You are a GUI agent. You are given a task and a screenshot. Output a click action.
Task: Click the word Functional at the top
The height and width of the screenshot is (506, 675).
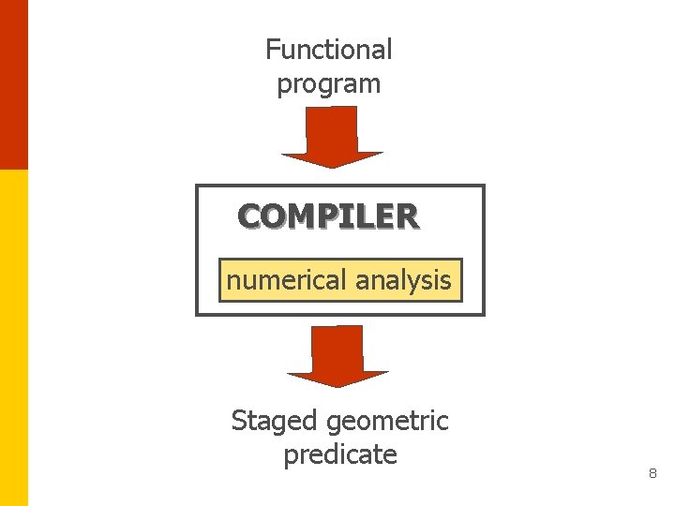coord(328,49)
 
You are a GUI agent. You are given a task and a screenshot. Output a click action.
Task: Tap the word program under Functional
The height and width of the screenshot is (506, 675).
coord(328,84)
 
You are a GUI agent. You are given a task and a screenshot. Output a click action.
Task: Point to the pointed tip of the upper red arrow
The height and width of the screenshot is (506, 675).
coord(332,166)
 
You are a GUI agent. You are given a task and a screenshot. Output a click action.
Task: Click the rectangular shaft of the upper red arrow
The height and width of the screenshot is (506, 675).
coord(332,128)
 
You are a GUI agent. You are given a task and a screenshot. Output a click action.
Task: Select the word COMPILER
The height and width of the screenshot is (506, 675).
coord(328,216)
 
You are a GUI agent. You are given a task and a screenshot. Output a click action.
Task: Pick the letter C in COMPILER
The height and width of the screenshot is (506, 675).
coord(249,216)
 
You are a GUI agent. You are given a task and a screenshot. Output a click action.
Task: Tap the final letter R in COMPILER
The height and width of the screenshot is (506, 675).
coord(407,216)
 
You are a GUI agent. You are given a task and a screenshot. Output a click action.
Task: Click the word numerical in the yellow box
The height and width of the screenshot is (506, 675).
coord(285,280)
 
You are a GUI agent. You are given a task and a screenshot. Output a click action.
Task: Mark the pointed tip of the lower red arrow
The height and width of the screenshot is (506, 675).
coord(337,385)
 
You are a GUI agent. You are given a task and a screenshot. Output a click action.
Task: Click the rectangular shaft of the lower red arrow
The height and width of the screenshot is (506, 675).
coord(337,348)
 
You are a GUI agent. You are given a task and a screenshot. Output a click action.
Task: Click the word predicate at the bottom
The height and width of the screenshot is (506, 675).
coord(339,455)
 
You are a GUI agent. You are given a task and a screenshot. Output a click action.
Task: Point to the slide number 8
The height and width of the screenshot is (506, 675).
coord(652,475)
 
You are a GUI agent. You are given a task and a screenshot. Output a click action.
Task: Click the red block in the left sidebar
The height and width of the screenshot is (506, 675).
coord(13,84)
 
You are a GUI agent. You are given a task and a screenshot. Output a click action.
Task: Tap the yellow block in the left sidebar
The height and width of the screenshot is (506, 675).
coord(13,337)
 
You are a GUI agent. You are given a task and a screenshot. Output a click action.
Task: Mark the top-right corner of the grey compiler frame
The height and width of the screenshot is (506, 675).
coord(484,186)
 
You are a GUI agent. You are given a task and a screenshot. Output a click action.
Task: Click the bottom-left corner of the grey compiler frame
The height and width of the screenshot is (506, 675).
coord(197,314)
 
